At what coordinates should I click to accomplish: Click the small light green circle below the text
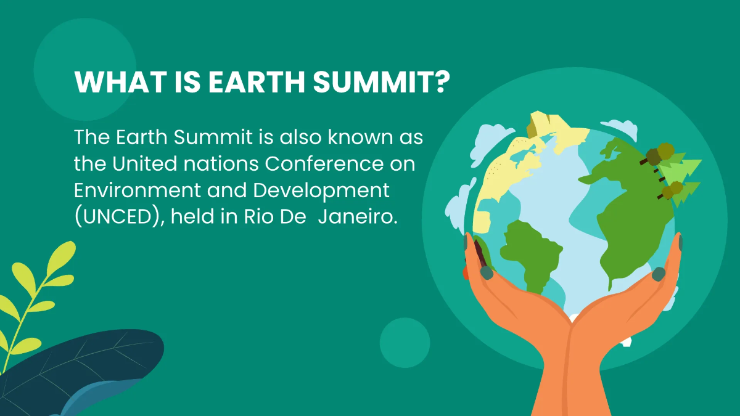(405, 343)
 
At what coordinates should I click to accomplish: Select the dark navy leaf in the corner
(92, 361)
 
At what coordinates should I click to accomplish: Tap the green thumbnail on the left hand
(486, 272)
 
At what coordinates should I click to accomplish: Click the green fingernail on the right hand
(658, 273)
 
